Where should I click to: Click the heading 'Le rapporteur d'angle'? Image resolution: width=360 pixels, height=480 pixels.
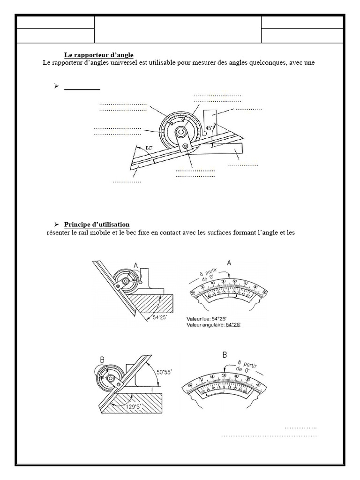(x=98, y=55)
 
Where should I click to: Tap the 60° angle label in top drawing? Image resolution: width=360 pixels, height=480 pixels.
(x=149, y=148)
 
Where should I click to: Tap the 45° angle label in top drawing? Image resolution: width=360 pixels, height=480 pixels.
(x=210, y=127)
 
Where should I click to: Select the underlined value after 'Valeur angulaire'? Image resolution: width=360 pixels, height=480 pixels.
(x=233, y=324)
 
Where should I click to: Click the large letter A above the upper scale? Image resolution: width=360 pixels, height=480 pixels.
(x=229, y=263)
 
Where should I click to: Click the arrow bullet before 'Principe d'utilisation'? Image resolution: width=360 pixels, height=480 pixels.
(x=56, y=224)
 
